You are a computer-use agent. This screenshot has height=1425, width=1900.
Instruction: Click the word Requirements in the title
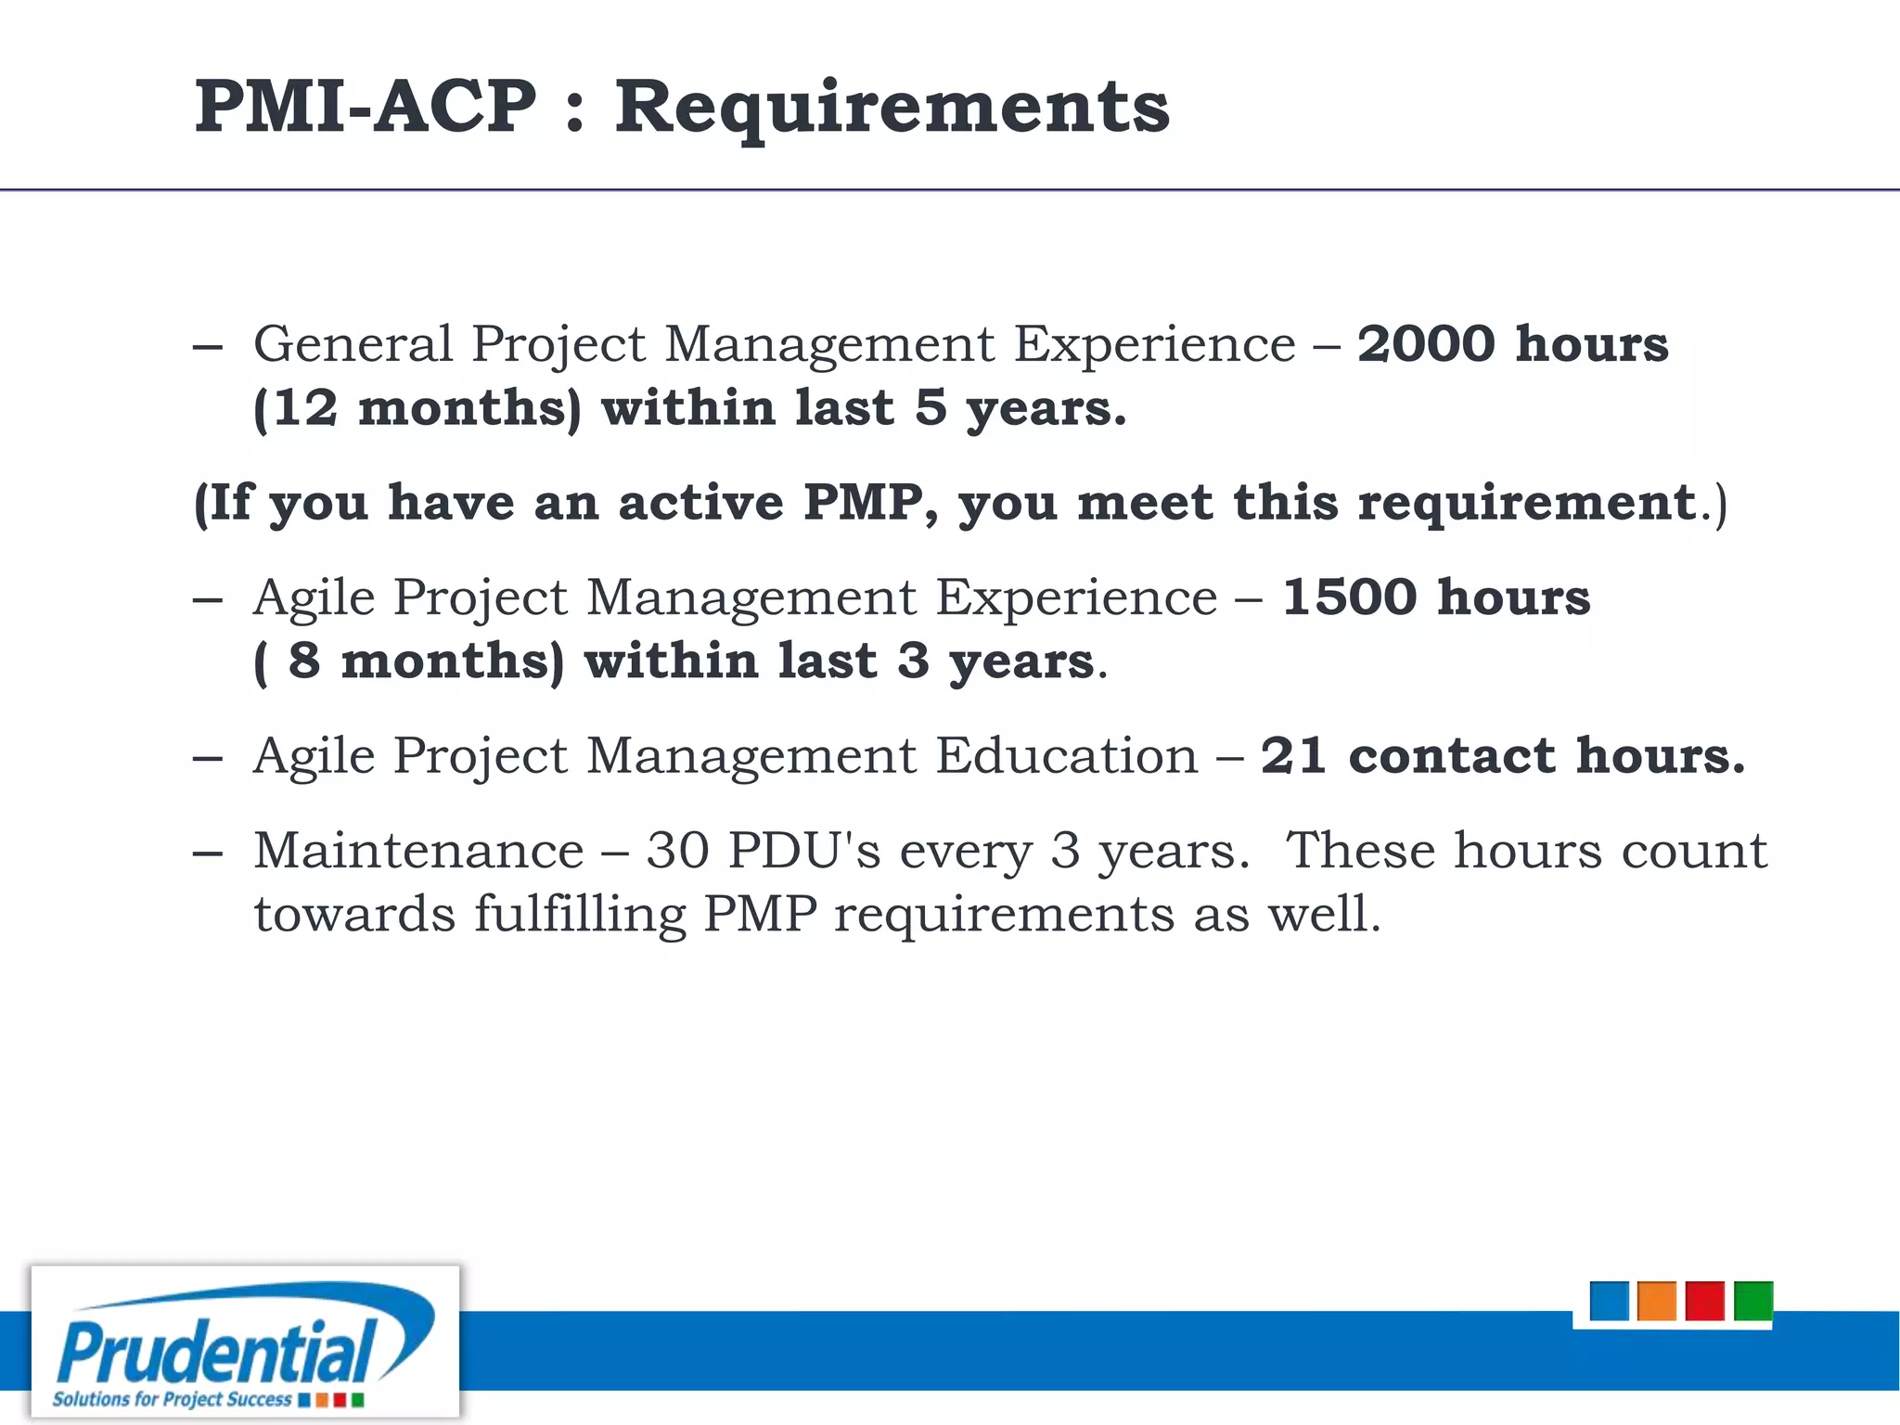point(892,108)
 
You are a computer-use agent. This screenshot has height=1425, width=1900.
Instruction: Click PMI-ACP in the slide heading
point(366,106)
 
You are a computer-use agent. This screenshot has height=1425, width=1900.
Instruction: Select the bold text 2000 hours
point(1512,344)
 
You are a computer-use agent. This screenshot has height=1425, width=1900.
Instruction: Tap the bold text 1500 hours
point(1436,597)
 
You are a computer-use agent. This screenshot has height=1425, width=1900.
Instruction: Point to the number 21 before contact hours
point(1292,755)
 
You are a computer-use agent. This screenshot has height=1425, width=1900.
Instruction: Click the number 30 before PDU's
point(677,851)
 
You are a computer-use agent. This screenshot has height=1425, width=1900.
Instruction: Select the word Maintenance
point(418,851)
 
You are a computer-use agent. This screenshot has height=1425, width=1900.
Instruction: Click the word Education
point(1066,755)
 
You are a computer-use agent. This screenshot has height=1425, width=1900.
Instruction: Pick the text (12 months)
point(417,409)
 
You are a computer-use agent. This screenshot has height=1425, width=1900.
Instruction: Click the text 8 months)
point(425,661)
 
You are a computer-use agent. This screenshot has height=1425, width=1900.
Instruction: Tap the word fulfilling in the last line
point(580,915)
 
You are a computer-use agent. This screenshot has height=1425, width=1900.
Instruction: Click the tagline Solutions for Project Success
point(172,1399)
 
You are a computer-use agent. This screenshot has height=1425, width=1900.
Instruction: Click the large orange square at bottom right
point(1657,1301)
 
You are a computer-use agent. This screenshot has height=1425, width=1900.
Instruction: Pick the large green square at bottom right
point(1752,1301)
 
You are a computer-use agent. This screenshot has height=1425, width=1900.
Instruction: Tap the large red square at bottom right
point(1704,1301)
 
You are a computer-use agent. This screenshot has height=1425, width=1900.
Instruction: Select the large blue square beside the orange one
point(1609,1301)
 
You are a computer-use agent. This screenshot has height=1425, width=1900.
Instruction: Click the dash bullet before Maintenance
point(208,853)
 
